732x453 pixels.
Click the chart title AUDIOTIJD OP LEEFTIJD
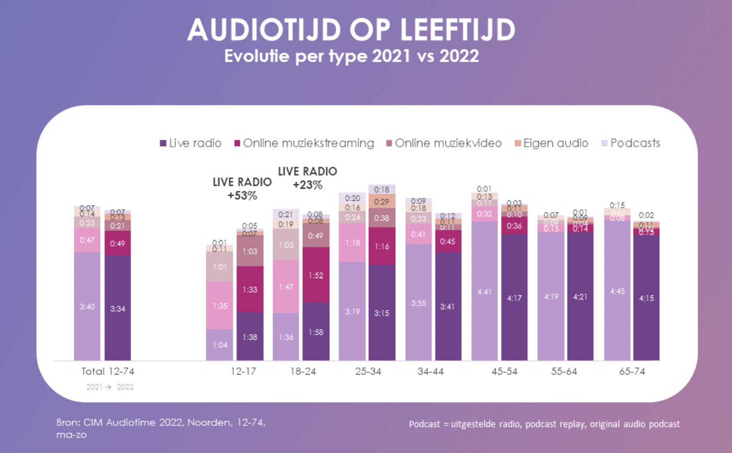(x=351, y=30)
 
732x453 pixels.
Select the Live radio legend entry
(x=191, y=143)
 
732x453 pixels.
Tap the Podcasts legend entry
(x=631, y=143)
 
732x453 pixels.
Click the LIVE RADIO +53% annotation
(x=242, y=188)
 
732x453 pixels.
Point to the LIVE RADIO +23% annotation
(x=308, y=177)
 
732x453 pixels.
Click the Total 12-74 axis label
(x=108, y=372)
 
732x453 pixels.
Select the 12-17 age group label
(x=243, y=372)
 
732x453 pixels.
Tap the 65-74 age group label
(x=632, y=372)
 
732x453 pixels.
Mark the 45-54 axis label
(x=504, y=372)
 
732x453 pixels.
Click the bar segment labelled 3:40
(x=87, y=306)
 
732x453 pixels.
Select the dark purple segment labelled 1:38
(x=250, y=337)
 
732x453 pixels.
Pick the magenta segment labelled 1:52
(x=316, y=275)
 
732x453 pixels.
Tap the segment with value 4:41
(x=484, y=292)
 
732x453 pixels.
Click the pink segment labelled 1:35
(x=219, y=306)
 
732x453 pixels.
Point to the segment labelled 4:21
(x=580, y=296)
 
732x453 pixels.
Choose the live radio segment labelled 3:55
(x=418, y=303)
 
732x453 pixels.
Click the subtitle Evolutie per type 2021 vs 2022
(x=351, y=56)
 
